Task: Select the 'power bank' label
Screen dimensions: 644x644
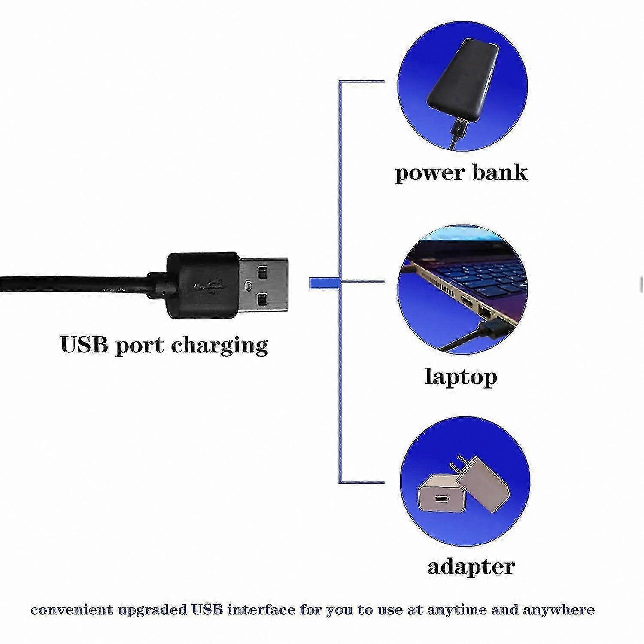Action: pos(461,173)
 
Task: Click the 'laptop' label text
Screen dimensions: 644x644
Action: pos(461,377)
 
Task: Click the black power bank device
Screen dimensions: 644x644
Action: pos(463,79)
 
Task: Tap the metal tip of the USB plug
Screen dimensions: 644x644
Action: pos(263,285)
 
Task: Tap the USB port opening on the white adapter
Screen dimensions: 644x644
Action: pos(441,499)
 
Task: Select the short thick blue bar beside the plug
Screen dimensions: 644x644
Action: pos(325,283)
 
